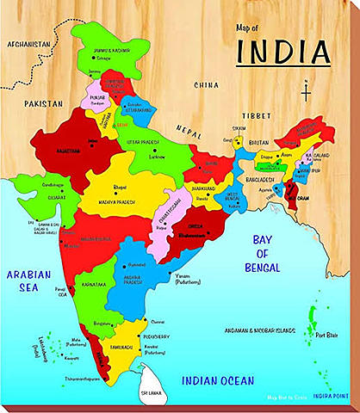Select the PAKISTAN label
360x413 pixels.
[45, 102]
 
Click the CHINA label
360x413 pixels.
[207, 84]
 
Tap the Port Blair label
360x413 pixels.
[326, 336]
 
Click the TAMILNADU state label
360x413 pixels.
[121, 347]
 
